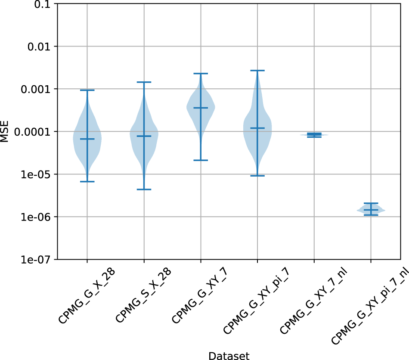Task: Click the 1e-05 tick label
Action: pyautogui.click(x=40, y=174)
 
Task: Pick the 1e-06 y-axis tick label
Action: pyautogui.click(x=40, y=217)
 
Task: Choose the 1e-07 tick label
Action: pyautogui.click(x=40, y=260)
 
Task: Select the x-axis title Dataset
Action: pyautogui.click(x=229, y=355)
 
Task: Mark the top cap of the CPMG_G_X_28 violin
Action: pyautogui.click(x=87, y=90)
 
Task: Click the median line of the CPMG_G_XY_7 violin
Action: pyautogui.click(x=201, y=108)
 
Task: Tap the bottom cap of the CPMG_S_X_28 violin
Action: pyautogui.click(x=144, y=189)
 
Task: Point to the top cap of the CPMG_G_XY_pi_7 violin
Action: pyautogui.click(x=257, y=70)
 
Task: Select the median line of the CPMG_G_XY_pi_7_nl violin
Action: pyautogui.click(x=371, y=210)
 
